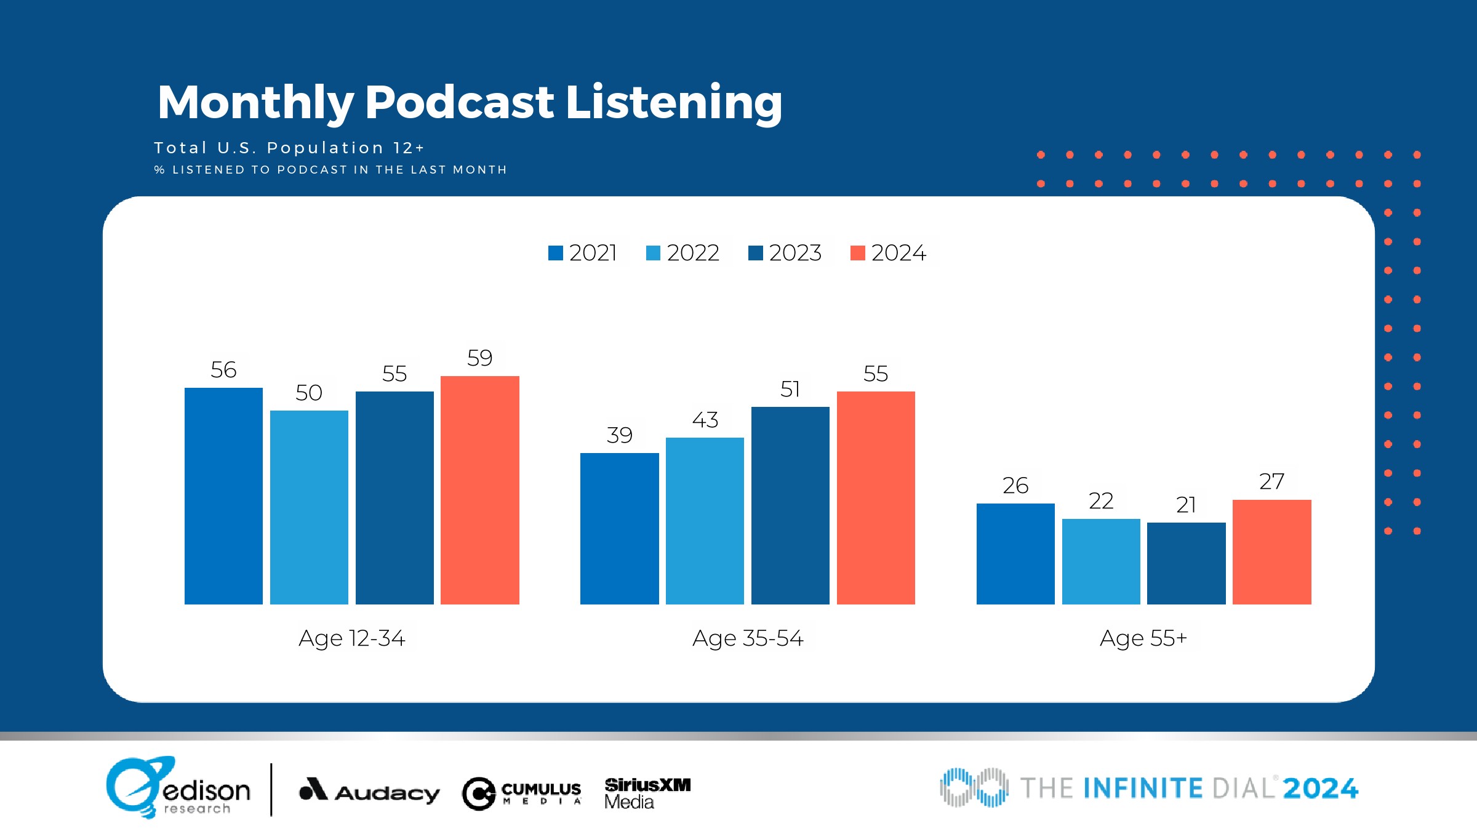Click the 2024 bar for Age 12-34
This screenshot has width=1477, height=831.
click(480, 490)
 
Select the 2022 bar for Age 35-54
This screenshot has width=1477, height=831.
click(705, 521)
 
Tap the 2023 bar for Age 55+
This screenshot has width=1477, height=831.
click(1187, 563)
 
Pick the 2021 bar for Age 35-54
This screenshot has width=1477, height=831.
click(619, 528)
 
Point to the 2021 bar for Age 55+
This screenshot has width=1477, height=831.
click(1015, 553)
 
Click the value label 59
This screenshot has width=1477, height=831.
click(480, 358)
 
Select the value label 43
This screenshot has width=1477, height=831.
click(705, 420)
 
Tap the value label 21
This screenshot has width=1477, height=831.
click(1187, 505)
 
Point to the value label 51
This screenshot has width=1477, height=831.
click(790, 389)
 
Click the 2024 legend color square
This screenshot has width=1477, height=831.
click(857, 253)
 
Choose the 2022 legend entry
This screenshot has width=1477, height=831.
click(683, 253)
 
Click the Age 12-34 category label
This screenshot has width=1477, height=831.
click(352, 638)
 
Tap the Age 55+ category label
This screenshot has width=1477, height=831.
click(1143, 638)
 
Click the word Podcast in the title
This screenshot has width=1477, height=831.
click(459, 102)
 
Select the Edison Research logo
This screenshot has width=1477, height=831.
click(178, 788)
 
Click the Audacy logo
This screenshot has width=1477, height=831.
click(369, 791)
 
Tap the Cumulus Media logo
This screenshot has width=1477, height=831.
click(522, 793)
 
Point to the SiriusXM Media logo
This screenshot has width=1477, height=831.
click(647, 793)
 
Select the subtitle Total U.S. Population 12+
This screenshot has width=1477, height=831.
click(289, 148)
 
